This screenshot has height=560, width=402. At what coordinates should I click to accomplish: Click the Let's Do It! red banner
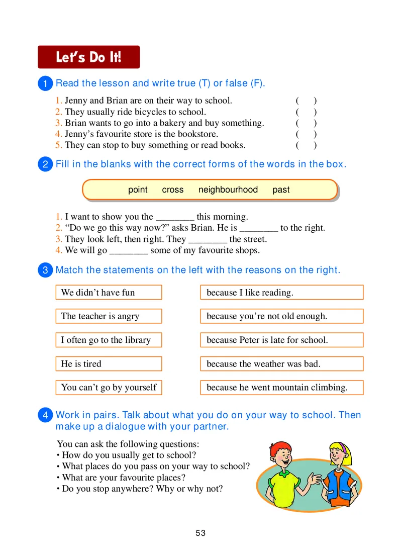click(88, 57)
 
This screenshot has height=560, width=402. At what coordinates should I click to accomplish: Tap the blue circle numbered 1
click(45, 84)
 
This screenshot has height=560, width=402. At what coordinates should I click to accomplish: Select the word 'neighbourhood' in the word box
click(228, 190)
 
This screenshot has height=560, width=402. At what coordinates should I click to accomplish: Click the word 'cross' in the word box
click(173, 190)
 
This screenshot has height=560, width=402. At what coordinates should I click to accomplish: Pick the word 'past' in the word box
click(281, 190)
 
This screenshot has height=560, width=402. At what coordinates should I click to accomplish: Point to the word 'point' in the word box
click(138, 190)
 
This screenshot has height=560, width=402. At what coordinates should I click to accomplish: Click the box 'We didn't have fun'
click(109, 293)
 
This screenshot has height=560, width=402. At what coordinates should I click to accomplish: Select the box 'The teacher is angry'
click(109, 316)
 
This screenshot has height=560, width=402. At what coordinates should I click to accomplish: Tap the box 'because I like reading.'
click(281, 293)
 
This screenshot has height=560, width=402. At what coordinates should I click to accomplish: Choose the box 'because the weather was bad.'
click(281, 364)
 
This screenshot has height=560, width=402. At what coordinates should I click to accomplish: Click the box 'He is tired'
click(109, 364)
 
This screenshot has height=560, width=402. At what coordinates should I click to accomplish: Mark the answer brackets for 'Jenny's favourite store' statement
click(306, 134)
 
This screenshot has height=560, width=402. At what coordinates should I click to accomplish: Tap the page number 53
click(201, 533)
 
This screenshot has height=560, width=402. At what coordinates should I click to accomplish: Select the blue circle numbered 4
click(45, 416)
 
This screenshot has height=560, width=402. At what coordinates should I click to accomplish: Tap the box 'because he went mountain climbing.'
click(281, 388)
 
